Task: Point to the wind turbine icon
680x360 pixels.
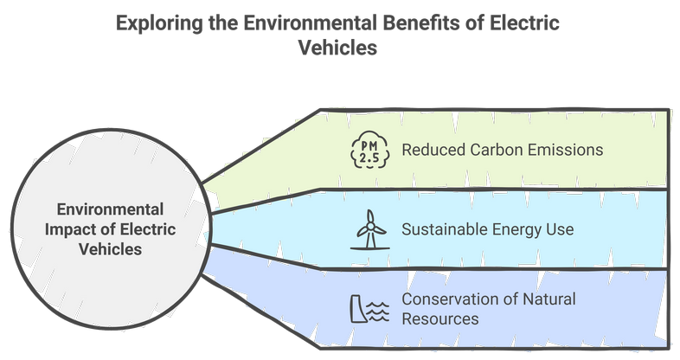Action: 369,230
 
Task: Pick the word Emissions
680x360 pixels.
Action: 569,150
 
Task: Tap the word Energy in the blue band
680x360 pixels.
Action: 521,230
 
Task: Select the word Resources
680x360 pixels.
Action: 439,319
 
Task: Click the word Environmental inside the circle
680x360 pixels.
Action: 110,209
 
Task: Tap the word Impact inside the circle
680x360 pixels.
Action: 79,229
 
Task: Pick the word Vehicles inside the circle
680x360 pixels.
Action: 110,249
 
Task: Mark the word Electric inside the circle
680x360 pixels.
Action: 150,229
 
